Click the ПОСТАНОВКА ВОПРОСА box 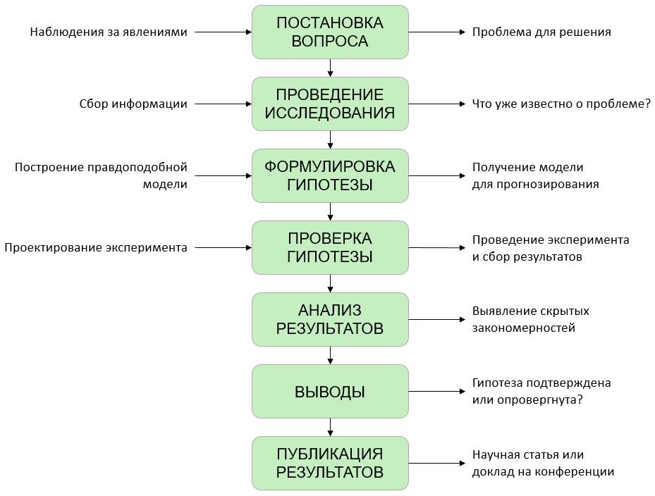pos(330,32)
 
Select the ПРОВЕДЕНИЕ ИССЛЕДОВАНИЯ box pos(330,104)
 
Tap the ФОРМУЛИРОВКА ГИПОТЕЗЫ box pos(330,175)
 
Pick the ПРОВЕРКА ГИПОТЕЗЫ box pos(330,247)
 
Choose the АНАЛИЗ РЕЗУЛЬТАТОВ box pos(330,319)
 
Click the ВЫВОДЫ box pos(330,391)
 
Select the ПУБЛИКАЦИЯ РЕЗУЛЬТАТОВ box pos(330,463)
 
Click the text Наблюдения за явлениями pos(109,32)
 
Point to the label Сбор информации pos(133,104)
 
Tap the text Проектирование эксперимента pos(96,247)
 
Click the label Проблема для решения pos(541,32)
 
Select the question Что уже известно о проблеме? pos(561,104)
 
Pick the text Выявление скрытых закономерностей pos(530,319)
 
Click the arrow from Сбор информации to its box pos(223,104)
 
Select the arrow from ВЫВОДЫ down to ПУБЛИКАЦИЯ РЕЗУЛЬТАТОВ pos(330,427)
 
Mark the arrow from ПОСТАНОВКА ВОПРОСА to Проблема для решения pos(436,32)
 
